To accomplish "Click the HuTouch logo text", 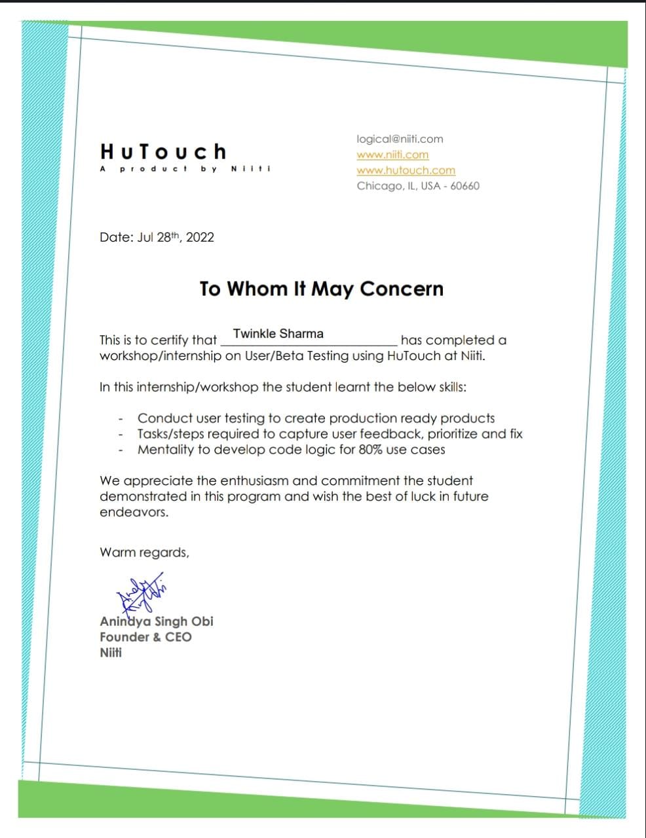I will point(163,152).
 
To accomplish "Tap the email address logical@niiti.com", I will point(400,139).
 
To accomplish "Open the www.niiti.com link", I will point(392,155).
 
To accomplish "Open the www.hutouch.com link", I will point(406,170).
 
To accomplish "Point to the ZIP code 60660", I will point(465,186).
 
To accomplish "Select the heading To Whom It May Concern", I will point(321,289).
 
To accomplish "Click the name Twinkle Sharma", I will point(278,334).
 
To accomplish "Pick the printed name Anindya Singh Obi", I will point(157,621).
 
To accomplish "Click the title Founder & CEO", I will point(145,637).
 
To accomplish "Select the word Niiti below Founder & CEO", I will point(111,653).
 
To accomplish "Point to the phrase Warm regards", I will point(144,553).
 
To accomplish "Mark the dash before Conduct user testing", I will point(121,418).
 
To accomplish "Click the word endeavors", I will point(134,513).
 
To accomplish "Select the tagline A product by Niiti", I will point(185,169).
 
